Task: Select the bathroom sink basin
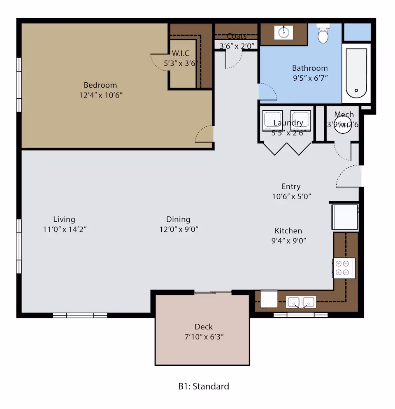point(283,33)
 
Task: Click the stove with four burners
point(344,268)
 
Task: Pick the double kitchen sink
point(301,302)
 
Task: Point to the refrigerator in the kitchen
point(345,217)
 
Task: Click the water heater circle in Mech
point(342,125)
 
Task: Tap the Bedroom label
point(100,85)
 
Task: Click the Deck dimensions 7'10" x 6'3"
point(204,337)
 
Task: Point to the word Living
point(64,219)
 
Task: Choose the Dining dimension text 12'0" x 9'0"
point(179,229)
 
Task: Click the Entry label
point(291,186)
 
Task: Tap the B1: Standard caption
point(203,386)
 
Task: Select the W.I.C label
point(181,53)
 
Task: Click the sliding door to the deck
point(213,293)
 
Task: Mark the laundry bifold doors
point(287,148)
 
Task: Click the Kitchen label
point(288,231)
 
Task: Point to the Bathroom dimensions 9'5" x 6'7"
point(310,78)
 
